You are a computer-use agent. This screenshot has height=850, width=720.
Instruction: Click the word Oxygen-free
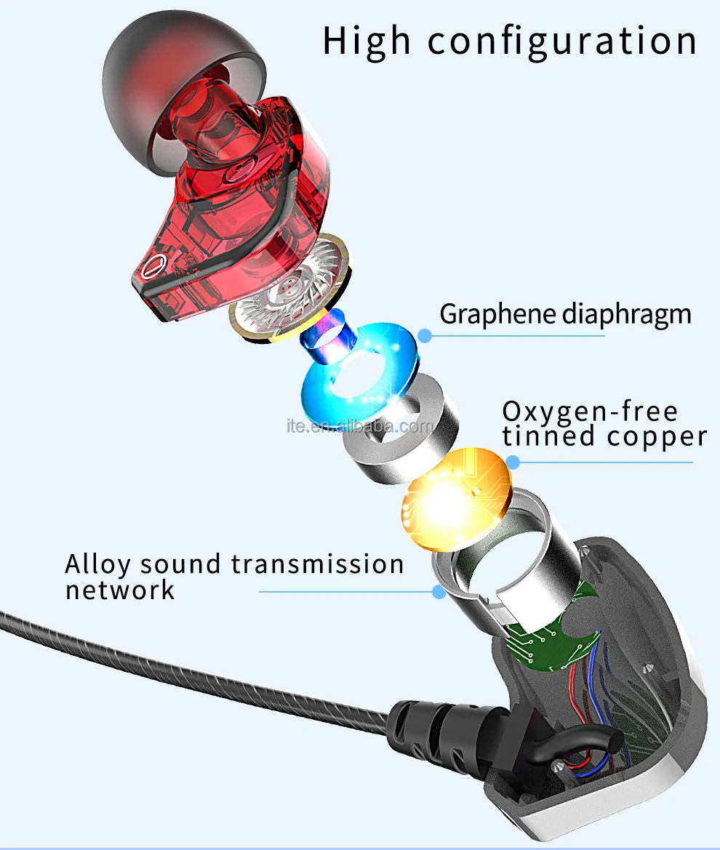tap(590, 412)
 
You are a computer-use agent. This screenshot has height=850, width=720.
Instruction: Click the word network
tap(120, 590)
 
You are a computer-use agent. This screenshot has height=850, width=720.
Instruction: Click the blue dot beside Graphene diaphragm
tap(425, 335)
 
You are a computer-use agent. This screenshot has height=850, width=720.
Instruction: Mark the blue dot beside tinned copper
tap(513, 462)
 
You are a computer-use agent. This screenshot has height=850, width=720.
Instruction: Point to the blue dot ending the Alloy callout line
tap(439, 592)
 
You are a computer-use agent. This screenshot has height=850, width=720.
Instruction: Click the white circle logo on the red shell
tap(151, 267)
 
